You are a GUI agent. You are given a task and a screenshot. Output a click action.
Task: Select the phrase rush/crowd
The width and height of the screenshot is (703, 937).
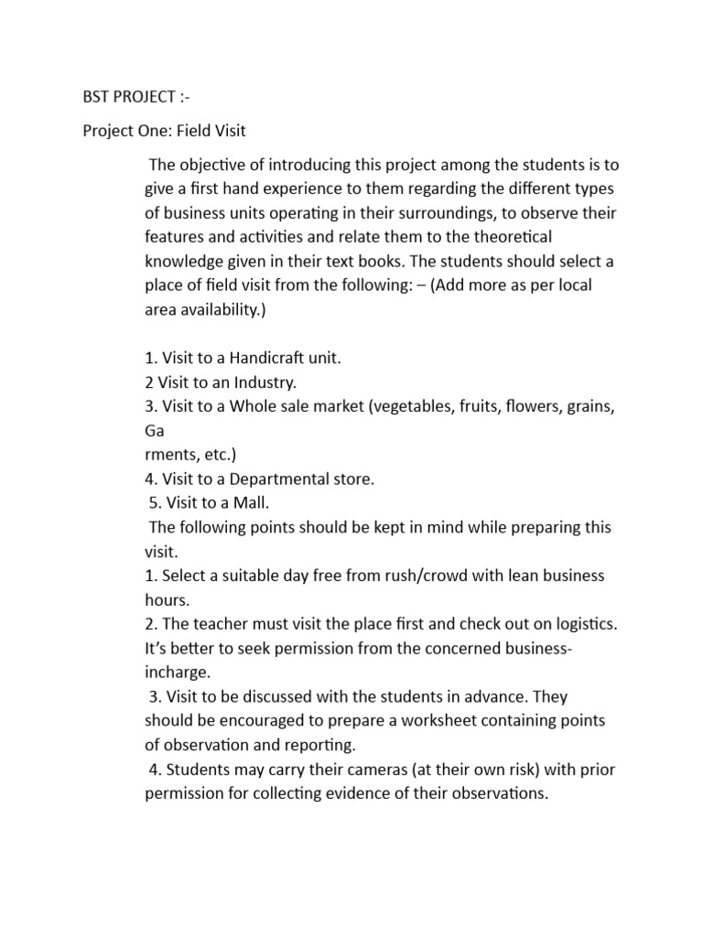pyautogui.click(x=395, y=576)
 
